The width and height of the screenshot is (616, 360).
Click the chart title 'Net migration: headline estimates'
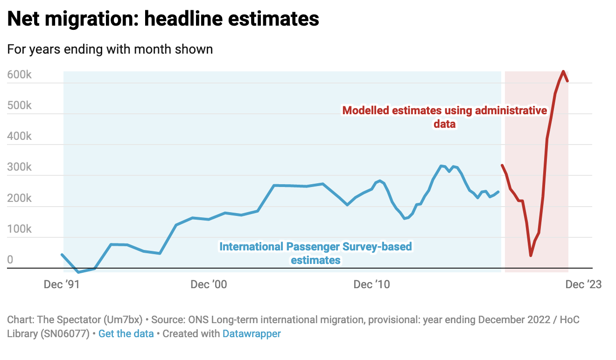click(163, 19)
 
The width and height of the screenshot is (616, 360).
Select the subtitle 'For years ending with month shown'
click(110, 49)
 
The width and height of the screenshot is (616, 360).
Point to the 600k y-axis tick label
click(19, 75)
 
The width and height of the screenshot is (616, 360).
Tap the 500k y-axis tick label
click(19, 105)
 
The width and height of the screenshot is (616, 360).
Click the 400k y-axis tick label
click(19, 136)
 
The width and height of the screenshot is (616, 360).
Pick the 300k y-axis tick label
click(19, 167)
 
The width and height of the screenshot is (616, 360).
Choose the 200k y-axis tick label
click(19, 198)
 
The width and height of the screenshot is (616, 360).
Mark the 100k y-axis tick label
click(19, 229)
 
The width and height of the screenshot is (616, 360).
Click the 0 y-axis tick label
click(10, 260)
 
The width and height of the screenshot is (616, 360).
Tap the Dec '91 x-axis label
click(62, 284)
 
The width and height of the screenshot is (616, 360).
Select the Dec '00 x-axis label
click(209, 284)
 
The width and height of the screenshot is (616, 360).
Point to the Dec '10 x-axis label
click(371, 284)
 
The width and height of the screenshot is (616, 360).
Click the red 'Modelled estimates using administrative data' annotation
click(444, 117)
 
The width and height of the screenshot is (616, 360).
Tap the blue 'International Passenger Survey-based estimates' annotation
click(316, 253)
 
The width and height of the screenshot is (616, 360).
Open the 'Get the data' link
click(126, 334)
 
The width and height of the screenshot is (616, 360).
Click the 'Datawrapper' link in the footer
click(252, 334)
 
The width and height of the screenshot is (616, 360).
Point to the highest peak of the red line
click(563, 71)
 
